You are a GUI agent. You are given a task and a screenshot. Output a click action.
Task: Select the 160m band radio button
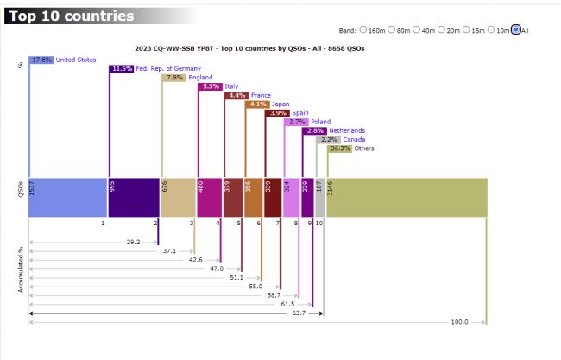[x=363, y=29]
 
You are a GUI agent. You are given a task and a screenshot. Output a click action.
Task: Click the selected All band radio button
[x=515, y=29]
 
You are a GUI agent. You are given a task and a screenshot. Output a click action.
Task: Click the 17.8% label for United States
[x=42, y=60]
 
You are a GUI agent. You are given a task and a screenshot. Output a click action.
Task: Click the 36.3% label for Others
[x=340, y=148]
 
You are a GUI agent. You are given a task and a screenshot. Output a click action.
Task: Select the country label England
[x=200, y=78]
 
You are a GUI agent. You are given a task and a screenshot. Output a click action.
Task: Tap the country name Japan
[x=280, y=104]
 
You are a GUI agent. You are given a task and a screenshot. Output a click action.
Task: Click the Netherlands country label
[x=346, y=130]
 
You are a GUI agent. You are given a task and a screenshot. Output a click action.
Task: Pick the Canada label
[x=354, y=139]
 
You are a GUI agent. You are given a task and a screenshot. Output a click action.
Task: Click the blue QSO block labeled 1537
[x=67, y=197]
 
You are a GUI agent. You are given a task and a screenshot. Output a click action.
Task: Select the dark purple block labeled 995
[x=134, y=197]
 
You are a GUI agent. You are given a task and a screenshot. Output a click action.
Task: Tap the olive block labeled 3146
[x=407, y=197]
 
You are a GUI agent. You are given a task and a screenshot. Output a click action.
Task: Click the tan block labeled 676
[x=178, y=197]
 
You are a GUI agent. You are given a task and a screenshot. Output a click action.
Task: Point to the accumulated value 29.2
[x=133, y=243]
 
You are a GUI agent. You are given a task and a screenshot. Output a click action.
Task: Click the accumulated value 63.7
[x=299, y=313]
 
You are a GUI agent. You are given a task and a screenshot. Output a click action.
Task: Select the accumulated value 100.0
[x=460, y=322]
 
